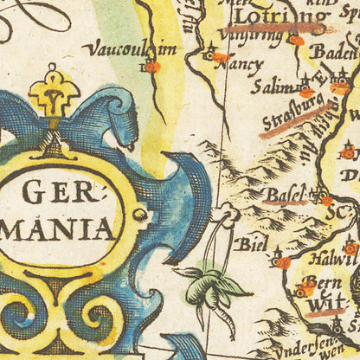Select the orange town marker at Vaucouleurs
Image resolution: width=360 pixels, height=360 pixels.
pyautogui.click(x=152, y=67)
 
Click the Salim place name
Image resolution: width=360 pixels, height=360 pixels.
pyautogui.click(x=272, y=87)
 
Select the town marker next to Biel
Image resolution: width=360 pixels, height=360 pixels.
pyautogui.click(x=281, y=260)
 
